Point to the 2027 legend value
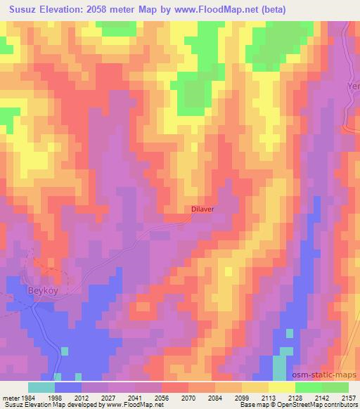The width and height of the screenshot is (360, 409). [x=108, y=397]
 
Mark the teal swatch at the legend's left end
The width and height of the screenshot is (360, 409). [x=41, y=387]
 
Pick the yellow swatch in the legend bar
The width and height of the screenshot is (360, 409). [x=281, y=387]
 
